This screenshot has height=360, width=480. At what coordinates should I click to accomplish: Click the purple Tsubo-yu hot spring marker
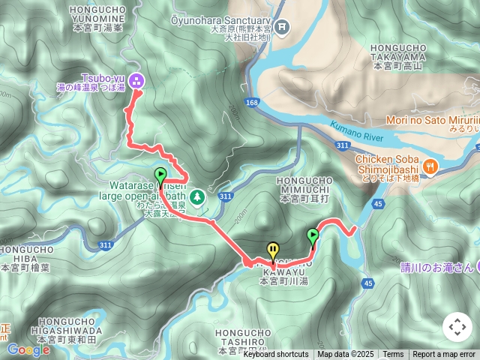[x=136, y=79]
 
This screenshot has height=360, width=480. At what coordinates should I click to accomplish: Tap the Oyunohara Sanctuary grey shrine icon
[x=282, y=28]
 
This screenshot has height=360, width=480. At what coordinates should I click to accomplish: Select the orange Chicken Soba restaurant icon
[x=430, y=166]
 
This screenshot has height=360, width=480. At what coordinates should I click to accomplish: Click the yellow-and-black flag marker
[x=273, y=251]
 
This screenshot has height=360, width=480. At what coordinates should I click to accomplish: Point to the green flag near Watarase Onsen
[x=160, y=177]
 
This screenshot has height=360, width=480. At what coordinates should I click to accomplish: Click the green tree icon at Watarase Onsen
[x=196, y=196]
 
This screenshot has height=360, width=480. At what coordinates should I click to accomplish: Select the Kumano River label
[x=355, y=133]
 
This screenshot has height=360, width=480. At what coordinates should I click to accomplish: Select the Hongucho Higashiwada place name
[x=68, y=334]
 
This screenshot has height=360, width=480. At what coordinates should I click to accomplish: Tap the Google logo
[x=28, y=349]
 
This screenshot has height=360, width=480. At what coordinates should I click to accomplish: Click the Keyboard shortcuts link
[x=275, y=355]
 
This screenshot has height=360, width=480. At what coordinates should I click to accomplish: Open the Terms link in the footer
[x=393, y=355]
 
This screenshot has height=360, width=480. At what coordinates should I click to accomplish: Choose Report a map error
[x=444, y=355]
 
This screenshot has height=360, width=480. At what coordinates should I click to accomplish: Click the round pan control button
[x=457, y=327]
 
